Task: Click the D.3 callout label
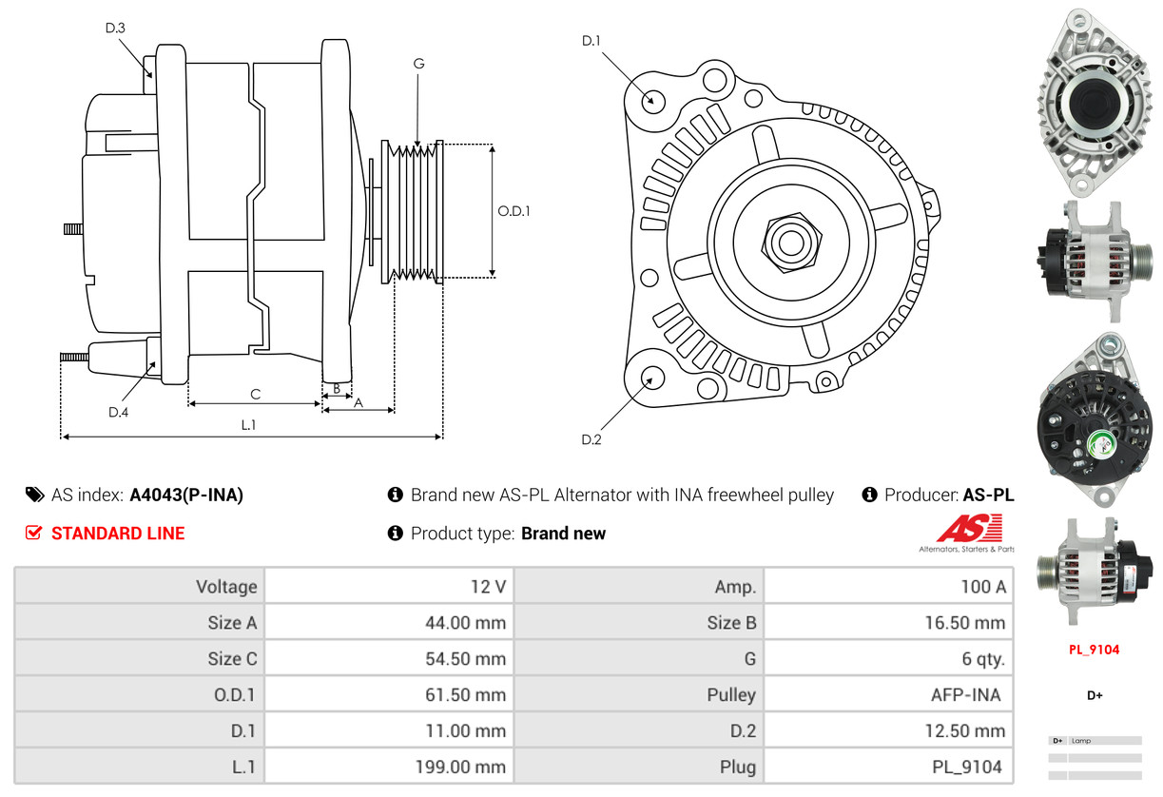pyautogui.click(x=115, y=28)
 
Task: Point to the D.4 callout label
pyautogui.click(x=118, y=412)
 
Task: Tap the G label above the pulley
pyautogui.click(x=418, y=64)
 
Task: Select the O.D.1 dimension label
pyautogui.click(x=514, y=211)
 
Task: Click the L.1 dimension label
pyautogui.click(x=248, y=425)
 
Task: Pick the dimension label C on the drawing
pyautogui.click(x=255, y=394)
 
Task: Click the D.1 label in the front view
pyautogui.click(x=591, y=40)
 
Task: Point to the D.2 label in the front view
pyautogui.click(x=591, y=439)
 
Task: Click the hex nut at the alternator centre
pyautogui.click(x=788, y=241)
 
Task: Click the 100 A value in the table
pyautogui.click(x=982, y=587)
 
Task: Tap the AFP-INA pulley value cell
pyautogui.click(x=965, y=695)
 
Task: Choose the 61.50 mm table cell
pyautogui.click(x=465, y=695)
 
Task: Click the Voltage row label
pyautogui.click(x=226, y=587)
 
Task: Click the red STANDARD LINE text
pyautogui.click(x=118, y=534)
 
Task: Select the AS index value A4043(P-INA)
pyautogui.click(x=186, y=495)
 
